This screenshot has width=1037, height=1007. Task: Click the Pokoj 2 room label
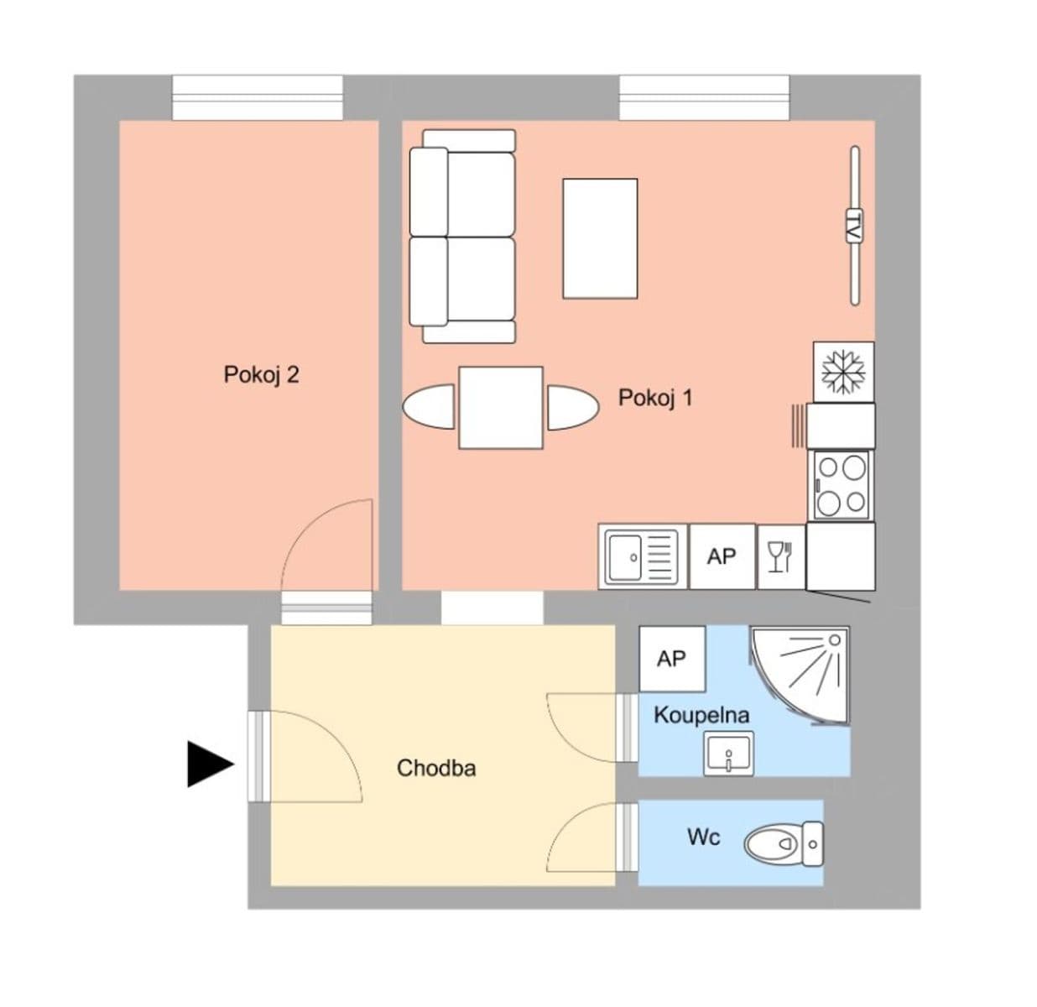pyautogui.click(x=261, y=374)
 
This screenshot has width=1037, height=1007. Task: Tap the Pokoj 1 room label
pyautogui.click(x=655, y=397)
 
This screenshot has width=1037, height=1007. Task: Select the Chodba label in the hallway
pyautogui.click(x=436, y=768)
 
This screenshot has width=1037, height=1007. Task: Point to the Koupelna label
pyautogui.click(x=701, y=716)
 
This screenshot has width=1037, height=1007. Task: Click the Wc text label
pyautogui.click(x=703, y=837)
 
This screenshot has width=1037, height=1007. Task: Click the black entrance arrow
pyautogui.click(x=209, y=764)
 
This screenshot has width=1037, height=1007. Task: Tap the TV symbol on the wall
pyautogui.click(x=854, y=226)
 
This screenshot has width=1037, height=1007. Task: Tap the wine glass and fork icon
pyautogui.click(x=780, y=556)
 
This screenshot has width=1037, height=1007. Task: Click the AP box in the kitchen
pyautogui.click(x=722, y=556)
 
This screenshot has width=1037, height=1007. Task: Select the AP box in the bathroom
pyautogui.click(x=671, y=659)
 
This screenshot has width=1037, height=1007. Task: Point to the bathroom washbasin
pyautogui.click(x=728, y=753)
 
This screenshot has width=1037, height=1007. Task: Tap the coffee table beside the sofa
pyautogui.click(x=600, y=237)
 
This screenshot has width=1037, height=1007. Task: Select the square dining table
pyautogui.click(x=501, y=407)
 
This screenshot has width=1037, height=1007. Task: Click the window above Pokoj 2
pyautogui.click(x=258, y=98)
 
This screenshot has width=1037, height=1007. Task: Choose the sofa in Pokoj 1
pyautogui.click(x=462, y=236)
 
